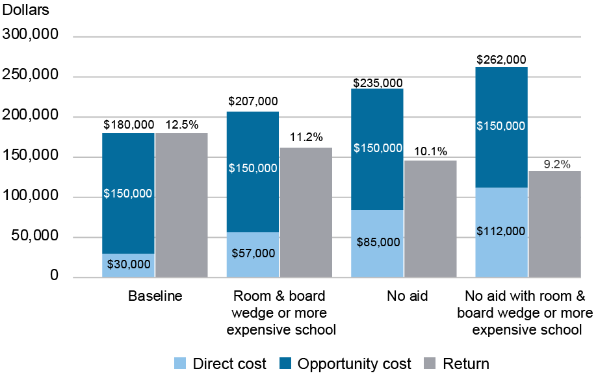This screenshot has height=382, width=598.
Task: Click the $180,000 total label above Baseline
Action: click(129, 124)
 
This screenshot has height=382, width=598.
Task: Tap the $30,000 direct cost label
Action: click(129, 264)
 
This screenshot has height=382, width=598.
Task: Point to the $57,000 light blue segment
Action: click(253, 254)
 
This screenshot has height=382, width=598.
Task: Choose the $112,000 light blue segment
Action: click(501, 233)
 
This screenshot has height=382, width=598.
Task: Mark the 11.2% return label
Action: click(305, 137)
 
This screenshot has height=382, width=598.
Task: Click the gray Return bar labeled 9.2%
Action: click(554, 223)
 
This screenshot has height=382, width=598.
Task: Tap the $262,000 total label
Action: click(501, 59)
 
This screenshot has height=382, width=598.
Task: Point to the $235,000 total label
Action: click(377, 83)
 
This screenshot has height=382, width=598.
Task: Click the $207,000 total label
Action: click(253, 101)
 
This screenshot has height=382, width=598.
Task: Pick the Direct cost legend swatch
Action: click(181, 364)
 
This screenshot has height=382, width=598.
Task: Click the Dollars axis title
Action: click(25, 10)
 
